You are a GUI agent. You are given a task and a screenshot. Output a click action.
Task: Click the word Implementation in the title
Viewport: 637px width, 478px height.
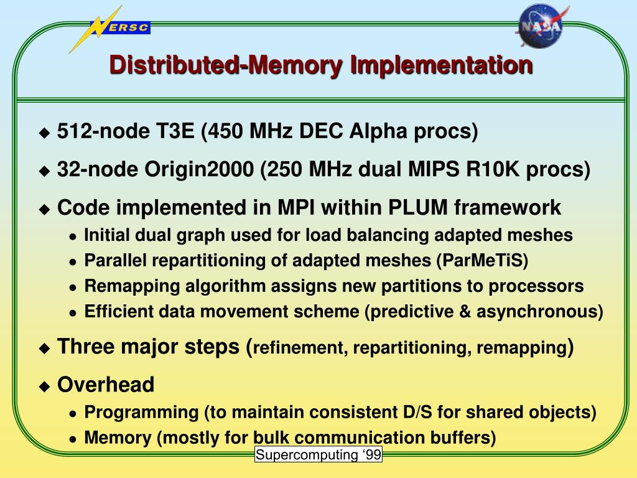pos(441,65)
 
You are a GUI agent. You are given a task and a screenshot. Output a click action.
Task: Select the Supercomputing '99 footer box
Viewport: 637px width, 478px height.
pos(318,455)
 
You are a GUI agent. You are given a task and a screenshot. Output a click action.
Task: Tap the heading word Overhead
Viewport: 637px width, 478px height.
pos(106,385)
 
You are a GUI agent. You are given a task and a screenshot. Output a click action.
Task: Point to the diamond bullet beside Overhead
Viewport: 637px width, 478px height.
pos(44,386)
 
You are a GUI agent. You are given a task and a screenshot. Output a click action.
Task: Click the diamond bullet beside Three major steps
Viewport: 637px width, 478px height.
pos(44,348)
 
